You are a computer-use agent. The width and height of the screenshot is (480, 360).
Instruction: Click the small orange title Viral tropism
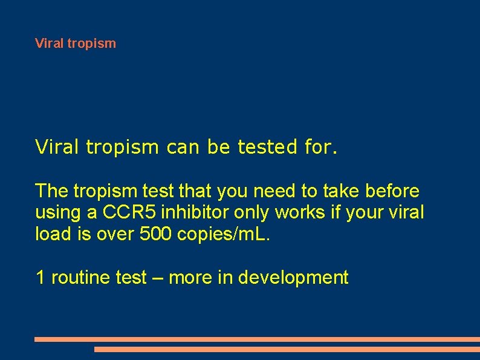(76, 44)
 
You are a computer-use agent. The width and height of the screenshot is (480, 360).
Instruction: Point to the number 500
(157, 234)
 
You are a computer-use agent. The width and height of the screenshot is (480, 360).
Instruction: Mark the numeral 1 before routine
(40, 278)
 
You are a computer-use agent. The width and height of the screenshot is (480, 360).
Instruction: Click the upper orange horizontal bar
(257, 339)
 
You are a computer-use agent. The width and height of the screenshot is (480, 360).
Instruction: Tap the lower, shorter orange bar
(287, 349)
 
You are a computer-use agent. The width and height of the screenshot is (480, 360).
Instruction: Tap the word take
(340, 191)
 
